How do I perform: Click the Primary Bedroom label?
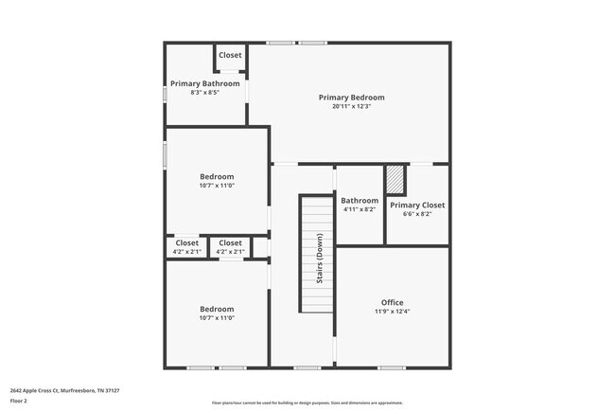pyautogui.click(x=351, y=97)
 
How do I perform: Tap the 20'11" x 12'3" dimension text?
pyautogui.click(x=351, y=106)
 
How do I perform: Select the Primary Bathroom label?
pyautogui.click(x=205, y=83)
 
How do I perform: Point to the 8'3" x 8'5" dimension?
pyautogui.click(x=205, y=93)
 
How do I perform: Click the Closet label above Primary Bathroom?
pyautogui.click(x=230, y=55)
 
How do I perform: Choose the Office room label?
pyautogui.click(x=392, y=302)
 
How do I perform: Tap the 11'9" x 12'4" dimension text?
pyautogui.click(x=392, y=312)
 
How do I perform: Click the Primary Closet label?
pyautogui.click(x=417, y=205)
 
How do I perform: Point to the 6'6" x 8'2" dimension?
pyautogui.click(x=417, y=214)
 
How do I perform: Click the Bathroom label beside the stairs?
pyautogui.click(x=360, y=200)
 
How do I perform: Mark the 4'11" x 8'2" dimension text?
pyautogui.click(x=360, y=209)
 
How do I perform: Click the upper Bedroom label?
pyautogui.click(x=217, y=176)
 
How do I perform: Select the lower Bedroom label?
pyautogui.click(x=217, y=309)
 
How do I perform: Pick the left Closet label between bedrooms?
pyautogui.click(x=187, y=243)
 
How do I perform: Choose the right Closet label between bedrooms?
pyautogui.click(x=230, y=243)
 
